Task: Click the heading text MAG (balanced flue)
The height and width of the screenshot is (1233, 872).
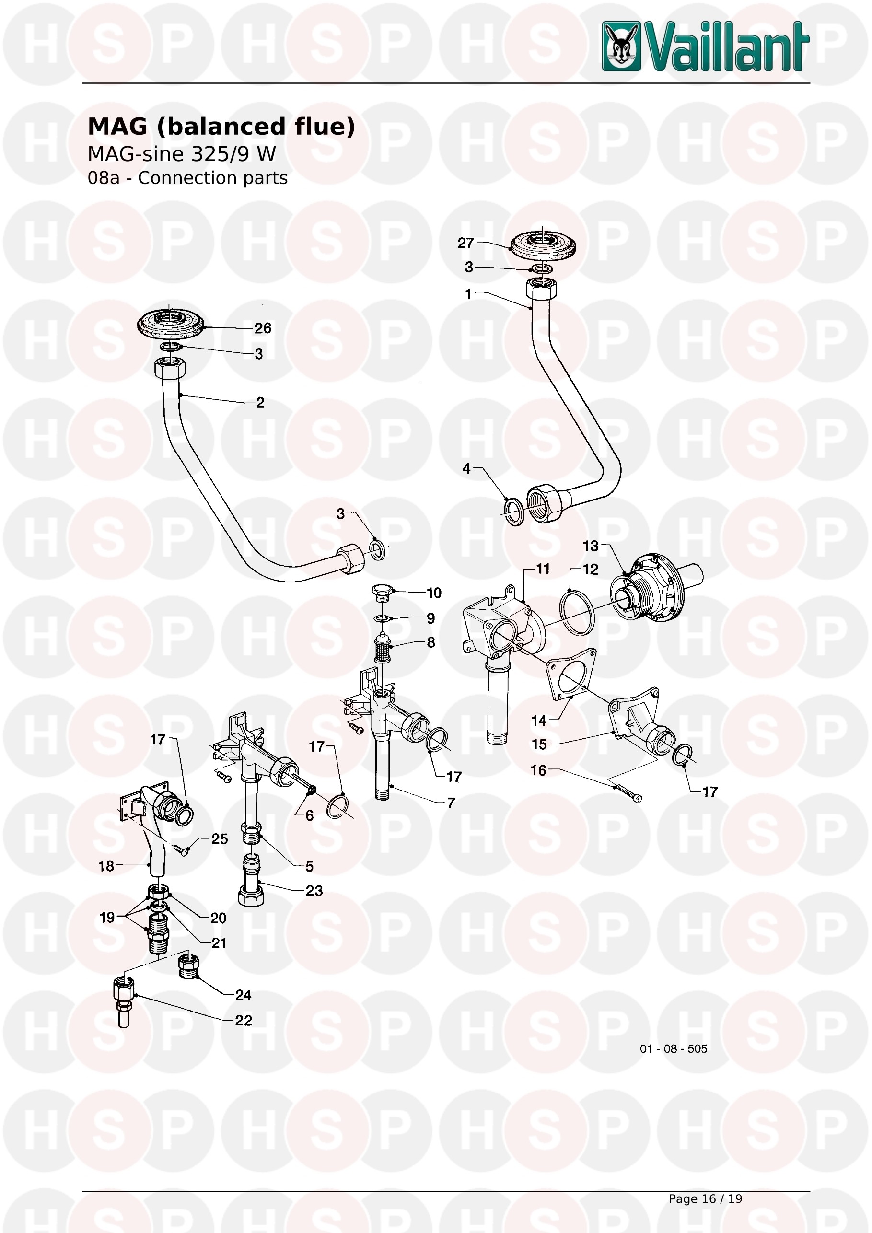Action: tap(221, 127)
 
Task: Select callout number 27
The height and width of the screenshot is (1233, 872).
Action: tap(465, 243)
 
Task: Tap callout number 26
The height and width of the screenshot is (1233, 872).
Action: tap(263, 328)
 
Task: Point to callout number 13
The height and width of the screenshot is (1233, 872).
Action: tap(591, 546)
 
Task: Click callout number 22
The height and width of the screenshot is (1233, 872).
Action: tap(243, 1020)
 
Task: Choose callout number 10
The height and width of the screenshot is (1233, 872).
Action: tap(434, 593)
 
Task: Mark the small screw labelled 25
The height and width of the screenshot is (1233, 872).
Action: tap(180, 849)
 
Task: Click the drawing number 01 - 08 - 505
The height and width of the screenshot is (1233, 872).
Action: tap(674, 1049)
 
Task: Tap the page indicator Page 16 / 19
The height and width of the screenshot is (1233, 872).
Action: tap(705, 1198)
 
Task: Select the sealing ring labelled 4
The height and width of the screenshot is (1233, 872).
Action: tap(514, 512)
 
